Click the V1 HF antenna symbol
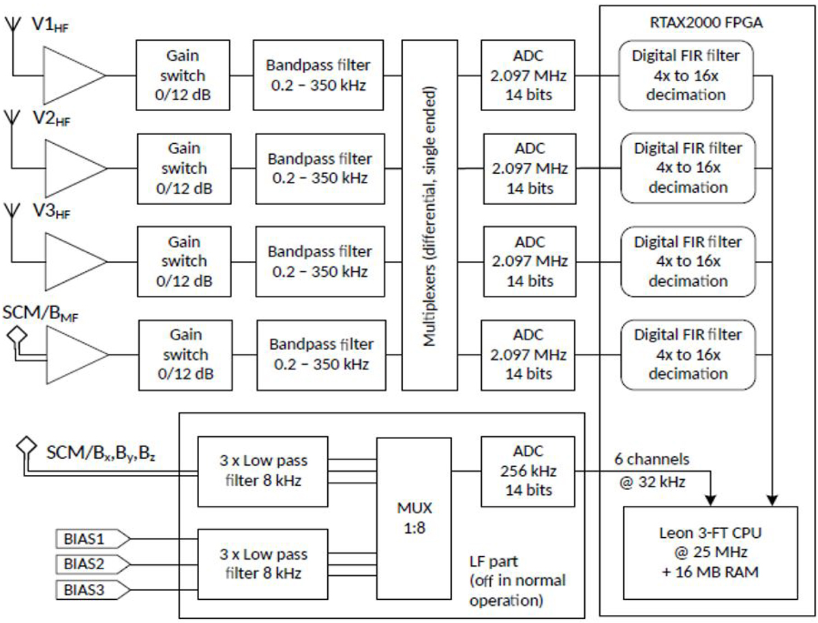[x=12, y=25]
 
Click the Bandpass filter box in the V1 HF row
[x=320, y=74]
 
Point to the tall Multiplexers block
[x=429, y=215]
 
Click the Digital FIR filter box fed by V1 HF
[x=687, y=74]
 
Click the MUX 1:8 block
[x=414, y=518]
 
